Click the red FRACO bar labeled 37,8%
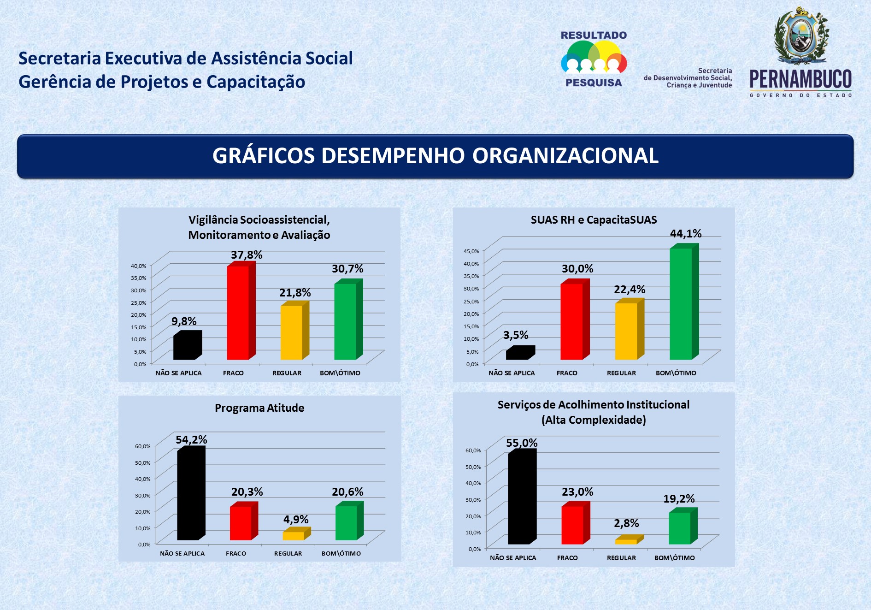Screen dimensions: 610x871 pos(238,313)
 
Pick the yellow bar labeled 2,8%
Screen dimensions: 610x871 pos(626,541)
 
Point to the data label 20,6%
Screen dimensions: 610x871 pos(347,492)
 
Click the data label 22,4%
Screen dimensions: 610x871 pos(630,290)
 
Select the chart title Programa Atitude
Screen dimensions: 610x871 pos(259,408)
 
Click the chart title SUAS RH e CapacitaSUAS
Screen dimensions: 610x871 pos(594,220)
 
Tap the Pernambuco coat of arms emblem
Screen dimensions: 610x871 pos(801,36)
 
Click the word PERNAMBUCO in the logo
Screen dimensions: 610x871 pos(800,79)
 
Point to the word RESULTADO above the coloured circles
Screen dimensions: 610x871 pos(594,36)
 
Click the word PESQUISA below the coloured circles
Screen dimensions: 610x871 pos(594,83)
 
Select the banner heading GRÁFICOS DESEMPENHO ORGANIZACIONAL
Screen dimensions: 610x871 pos(435,156)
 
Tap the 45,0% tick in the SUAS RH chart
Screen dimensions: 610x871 pos(471,251)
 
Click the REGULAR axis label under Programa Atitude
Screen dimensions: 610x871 pos(288,554)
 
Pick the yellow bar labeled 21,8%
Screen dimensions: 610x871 pos(291,332)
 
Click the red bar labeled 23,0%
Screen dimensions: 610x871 pos(572,525)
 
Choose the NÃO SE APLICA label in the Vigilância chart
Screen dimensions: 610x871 pos(178,373)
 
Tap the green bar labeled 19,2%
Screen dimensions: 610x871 pos(680,528)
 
